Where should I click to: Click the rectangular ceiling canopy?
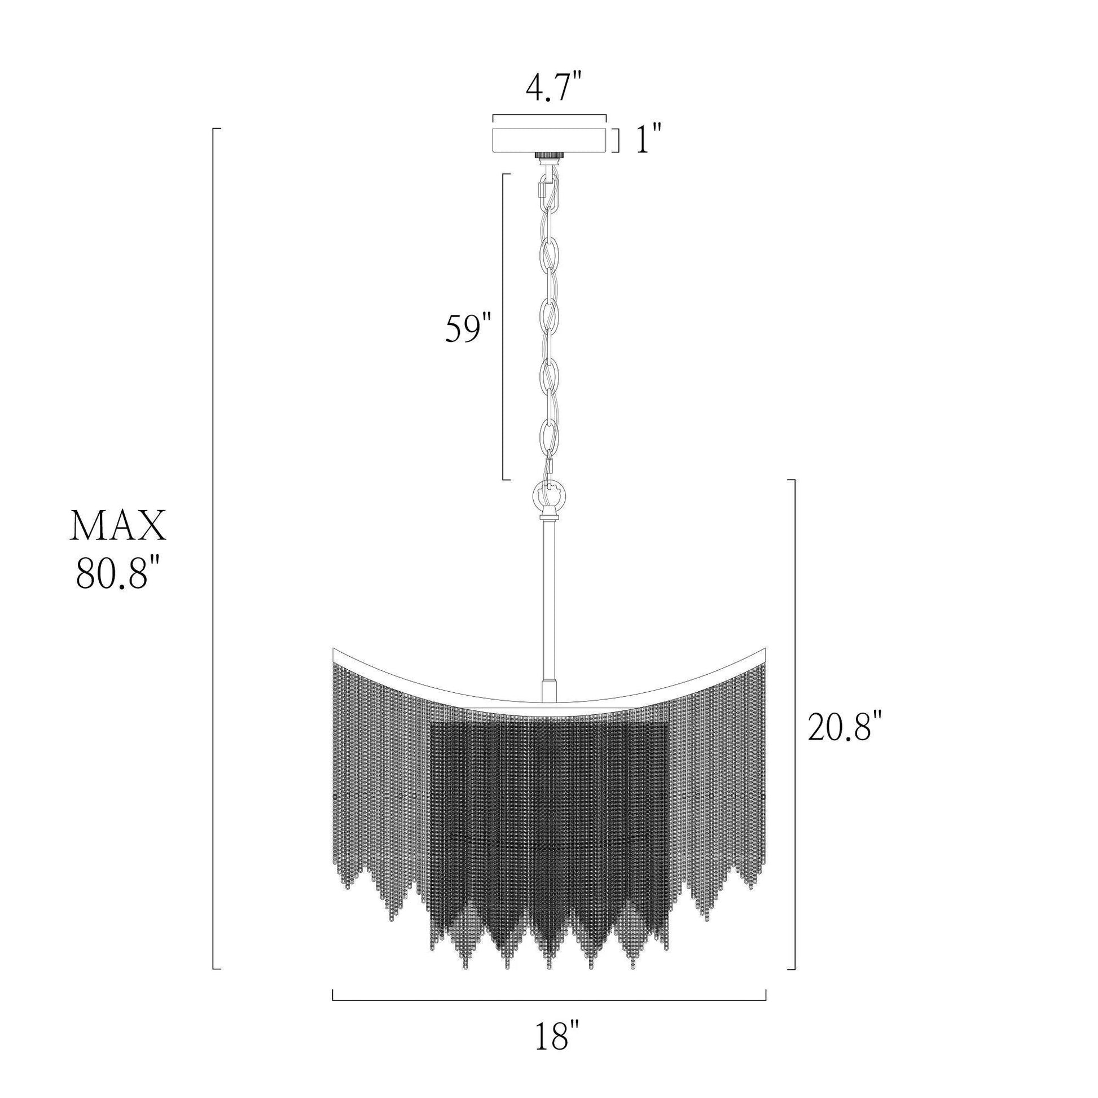pyautogui.click(x=549, y=140)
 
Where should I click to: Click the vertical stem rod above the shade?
pyautogui.click(x=549, y=608)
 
